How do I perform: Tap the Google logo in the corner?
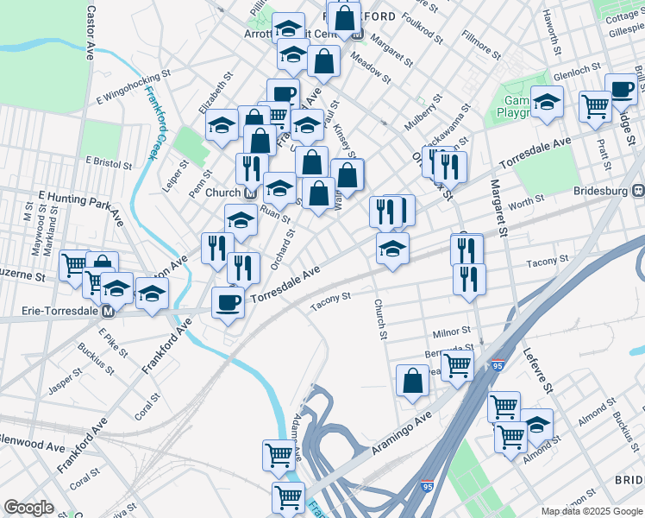pyautogui.click(x=28, y=508)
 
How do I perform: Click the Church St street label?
pyautogui.click(x=378, y=319)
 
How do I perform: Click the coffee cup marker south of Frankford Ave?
pyautogui.click(x=228, y=303)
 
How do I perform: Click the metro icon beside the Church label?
pyautogui.click(x=250, y=193)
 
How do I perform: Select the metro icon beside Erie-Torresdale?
pyautogui.click(x=109, y=311)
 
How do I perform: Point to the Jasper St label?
pyautogui.click(x=64, y=383)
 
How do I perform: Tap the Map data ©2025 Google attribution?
pyautogui.click(x=591, y=511)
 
